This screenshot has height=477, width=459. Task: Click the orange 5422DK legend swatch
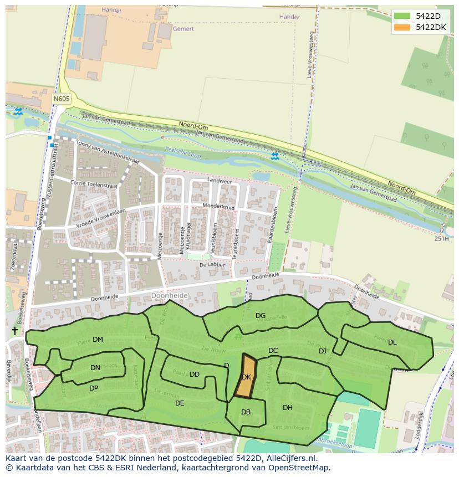[403, 27]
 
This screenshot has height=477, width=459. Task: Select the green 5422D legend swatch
[403, 16]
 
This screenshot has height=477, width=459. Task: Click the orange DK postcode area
[246, 377]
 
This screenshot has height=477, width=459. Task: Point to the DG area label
[261, 316]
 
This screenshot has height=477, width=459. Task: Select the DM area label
[98, 340]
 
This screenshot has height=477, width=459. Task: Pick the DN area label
[95, 367]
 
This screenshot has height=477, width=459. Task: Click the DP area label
[94, 388]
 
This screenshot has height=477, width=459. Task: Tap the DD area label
[195, 375]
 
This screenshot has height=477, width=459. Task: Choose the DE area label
[180, 403]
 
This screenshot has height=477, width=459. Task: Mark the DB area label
[246, 412]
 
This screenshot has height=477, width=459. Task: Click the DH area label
[288, 408]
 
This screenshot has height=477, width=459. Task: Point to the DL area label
[392, 342]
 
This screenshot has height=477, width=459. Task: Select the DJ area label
[323, 351]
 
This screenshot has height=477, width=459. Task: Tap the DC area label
[273, 351]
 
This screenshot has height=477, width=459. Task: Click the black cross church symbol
[14, 331]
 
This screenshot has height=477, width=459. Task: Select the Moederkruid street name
[219, 207]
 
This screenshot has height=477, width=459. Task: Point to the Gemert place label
[183, 29]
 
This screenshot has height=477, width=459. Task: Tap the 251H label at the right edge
[442, 239]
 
